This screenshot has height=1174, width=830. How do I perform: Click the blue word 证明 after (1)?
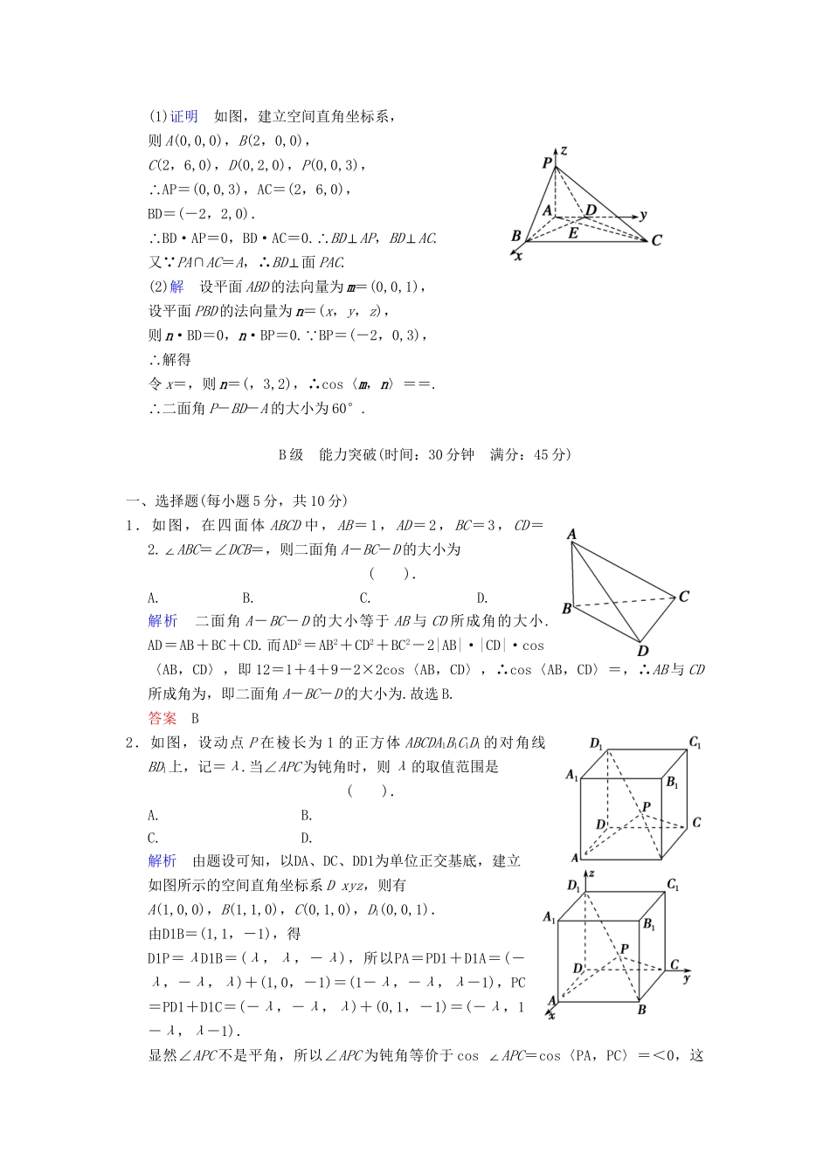click(x=183, y=116)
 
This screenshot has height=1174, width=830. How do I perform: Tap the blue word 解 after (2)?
click(x=177, y=287)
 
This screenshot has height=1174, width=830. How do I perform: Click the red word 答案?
click(x=163, y=718)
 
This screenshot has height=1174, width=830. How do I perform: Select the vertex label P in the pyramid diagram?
click(x=547, y=162)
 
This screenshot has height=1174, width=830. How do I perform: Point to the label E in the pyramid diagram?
click(x=573, y=233)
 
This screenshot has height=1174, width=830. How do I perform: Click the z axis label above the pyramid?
click(x=564, y=150)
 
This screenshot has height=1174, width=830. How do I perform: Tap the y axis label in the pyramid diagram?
click(x=643, y=215)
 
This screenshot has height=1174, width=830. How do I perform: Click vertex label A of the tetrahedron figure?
click(x=571, y=534)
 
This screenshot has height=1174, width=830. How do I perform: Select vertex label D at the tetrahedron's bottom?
click(x=643, y=651)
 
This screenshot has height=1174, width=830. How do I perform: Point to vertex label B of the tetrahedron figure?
click(x=567, y=609)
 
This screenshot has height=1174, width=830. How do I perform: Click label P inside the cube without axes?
click(x=646, y=807)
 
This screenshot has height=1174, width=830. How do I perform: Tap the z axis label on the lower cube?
click(x=591, y=874)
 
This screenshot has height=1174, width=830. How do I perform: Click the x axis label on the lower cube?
click(x=551, y=1015)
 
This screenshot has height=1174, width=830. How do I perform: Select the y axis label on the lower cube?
click(x=687, y=978)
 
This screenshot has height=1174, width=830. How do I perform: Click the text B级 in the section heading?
click(x=291, y=454)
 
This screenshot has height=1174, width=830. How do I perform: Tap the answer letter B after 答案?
click(x=196, y=718)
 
